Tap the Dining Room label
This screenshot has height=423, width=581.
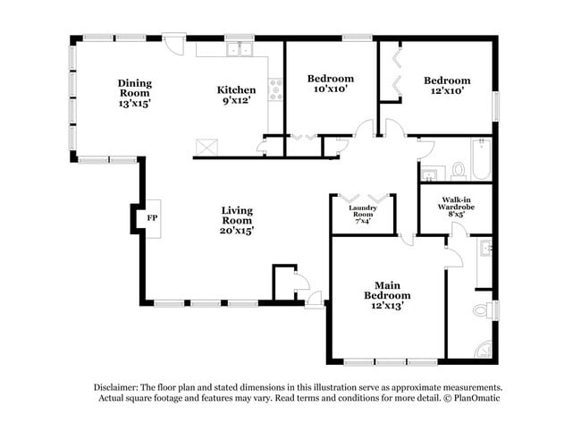(x=135, y=93)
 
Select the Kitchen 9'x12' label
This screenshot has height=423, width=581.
(x=237, y=95)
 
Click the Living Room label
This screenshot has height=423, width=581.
(x=237, y=220)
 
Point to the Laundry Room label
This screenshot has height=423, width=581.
(x=362, y=216)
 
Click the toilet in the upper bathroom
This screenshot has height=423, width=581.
(x=458, y=169)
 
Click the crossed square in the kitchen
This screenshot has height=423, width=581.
(x=206, y=146)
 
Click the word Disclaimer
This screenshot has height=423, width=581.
(x=117, y=386)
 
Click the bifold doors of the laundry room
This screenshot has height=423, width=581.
(x=363, y=198)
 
